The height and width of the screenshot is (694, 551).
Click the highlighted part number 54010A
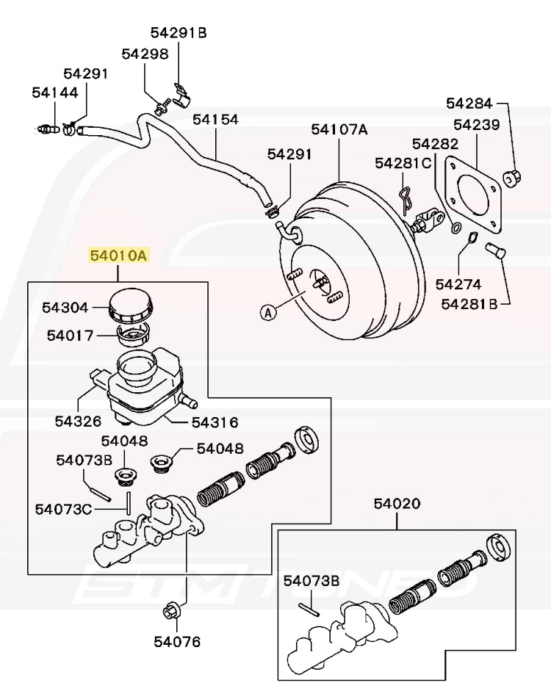coord(119,256)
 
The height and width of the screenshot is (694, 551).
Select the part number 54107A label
coord(339,130)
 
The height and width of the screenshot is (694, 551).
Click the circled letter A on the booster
coord(268,313)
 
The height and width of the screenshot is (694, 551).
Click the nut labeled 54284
coord(513,176)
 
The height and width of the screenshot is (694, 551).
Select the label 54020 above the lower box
coord(397,504)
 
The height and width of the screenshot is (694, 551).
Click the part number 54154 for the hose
coord(215,119)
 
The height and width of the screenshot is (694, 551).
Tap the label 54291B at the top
coord(179,32)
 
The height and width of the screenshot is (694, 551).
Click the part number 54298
coord(145,54)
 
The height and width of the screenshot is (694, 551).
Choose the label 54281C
coord(403,163)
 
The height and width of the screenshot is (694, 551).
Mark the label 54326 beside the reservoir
coord(77,422)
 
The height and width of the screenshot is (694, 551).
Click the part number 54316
coord(215,422)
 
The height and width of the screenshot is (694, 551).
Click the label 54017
coord(70,336)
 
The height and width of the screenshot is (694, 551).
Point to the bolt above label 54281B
coord(494,252)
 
